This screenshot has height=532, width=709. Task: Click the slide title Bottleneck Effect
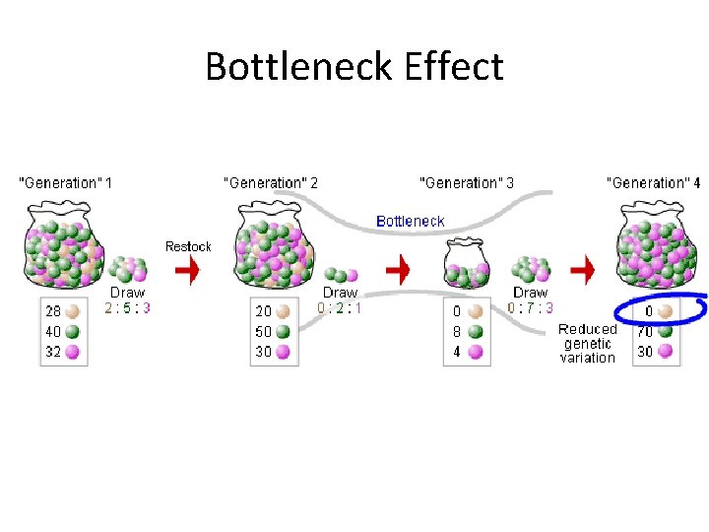coord(354,67)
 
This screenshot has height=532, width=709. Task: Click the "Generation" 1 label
coord(66,182)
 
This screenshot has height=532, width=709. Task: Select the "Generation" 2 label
coord(271,182)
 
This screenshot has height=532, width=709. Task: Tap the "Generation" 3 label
coord(467,182)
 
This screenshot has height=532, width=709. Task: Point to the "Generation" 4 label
coord(654,182)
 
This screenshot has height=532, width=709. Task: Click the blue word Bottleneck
coord(411,221)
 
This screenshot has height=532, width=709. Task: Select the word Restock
coord(188,246)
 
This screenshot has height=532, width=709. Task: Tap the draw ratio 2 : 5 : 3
coord(127,307)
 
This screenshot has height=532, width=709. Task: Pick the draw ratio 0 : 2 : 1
coord(340,307)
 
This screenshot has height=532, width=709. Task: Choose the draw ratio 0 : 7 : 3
coord(531,307)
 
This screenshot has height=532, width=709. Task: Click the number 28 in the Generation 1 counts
coord(51,311)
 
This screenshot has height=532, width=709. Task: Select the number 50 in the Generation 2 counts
coord(264,331)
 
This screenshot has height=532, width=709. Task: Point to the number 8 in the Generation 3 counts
coord(456,331)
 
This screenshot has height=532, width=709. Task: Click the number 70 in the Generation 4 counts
coord(645,331)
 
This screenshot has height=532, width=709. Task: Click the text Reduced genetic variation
coord(588,343)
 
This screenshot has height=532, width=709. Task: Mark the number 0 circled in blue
coord(648,311)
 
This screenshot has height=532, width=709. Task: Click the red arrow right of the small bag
coord(584,268)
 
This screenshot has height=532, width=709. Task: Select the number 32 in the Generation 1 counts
coord(51,351)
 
